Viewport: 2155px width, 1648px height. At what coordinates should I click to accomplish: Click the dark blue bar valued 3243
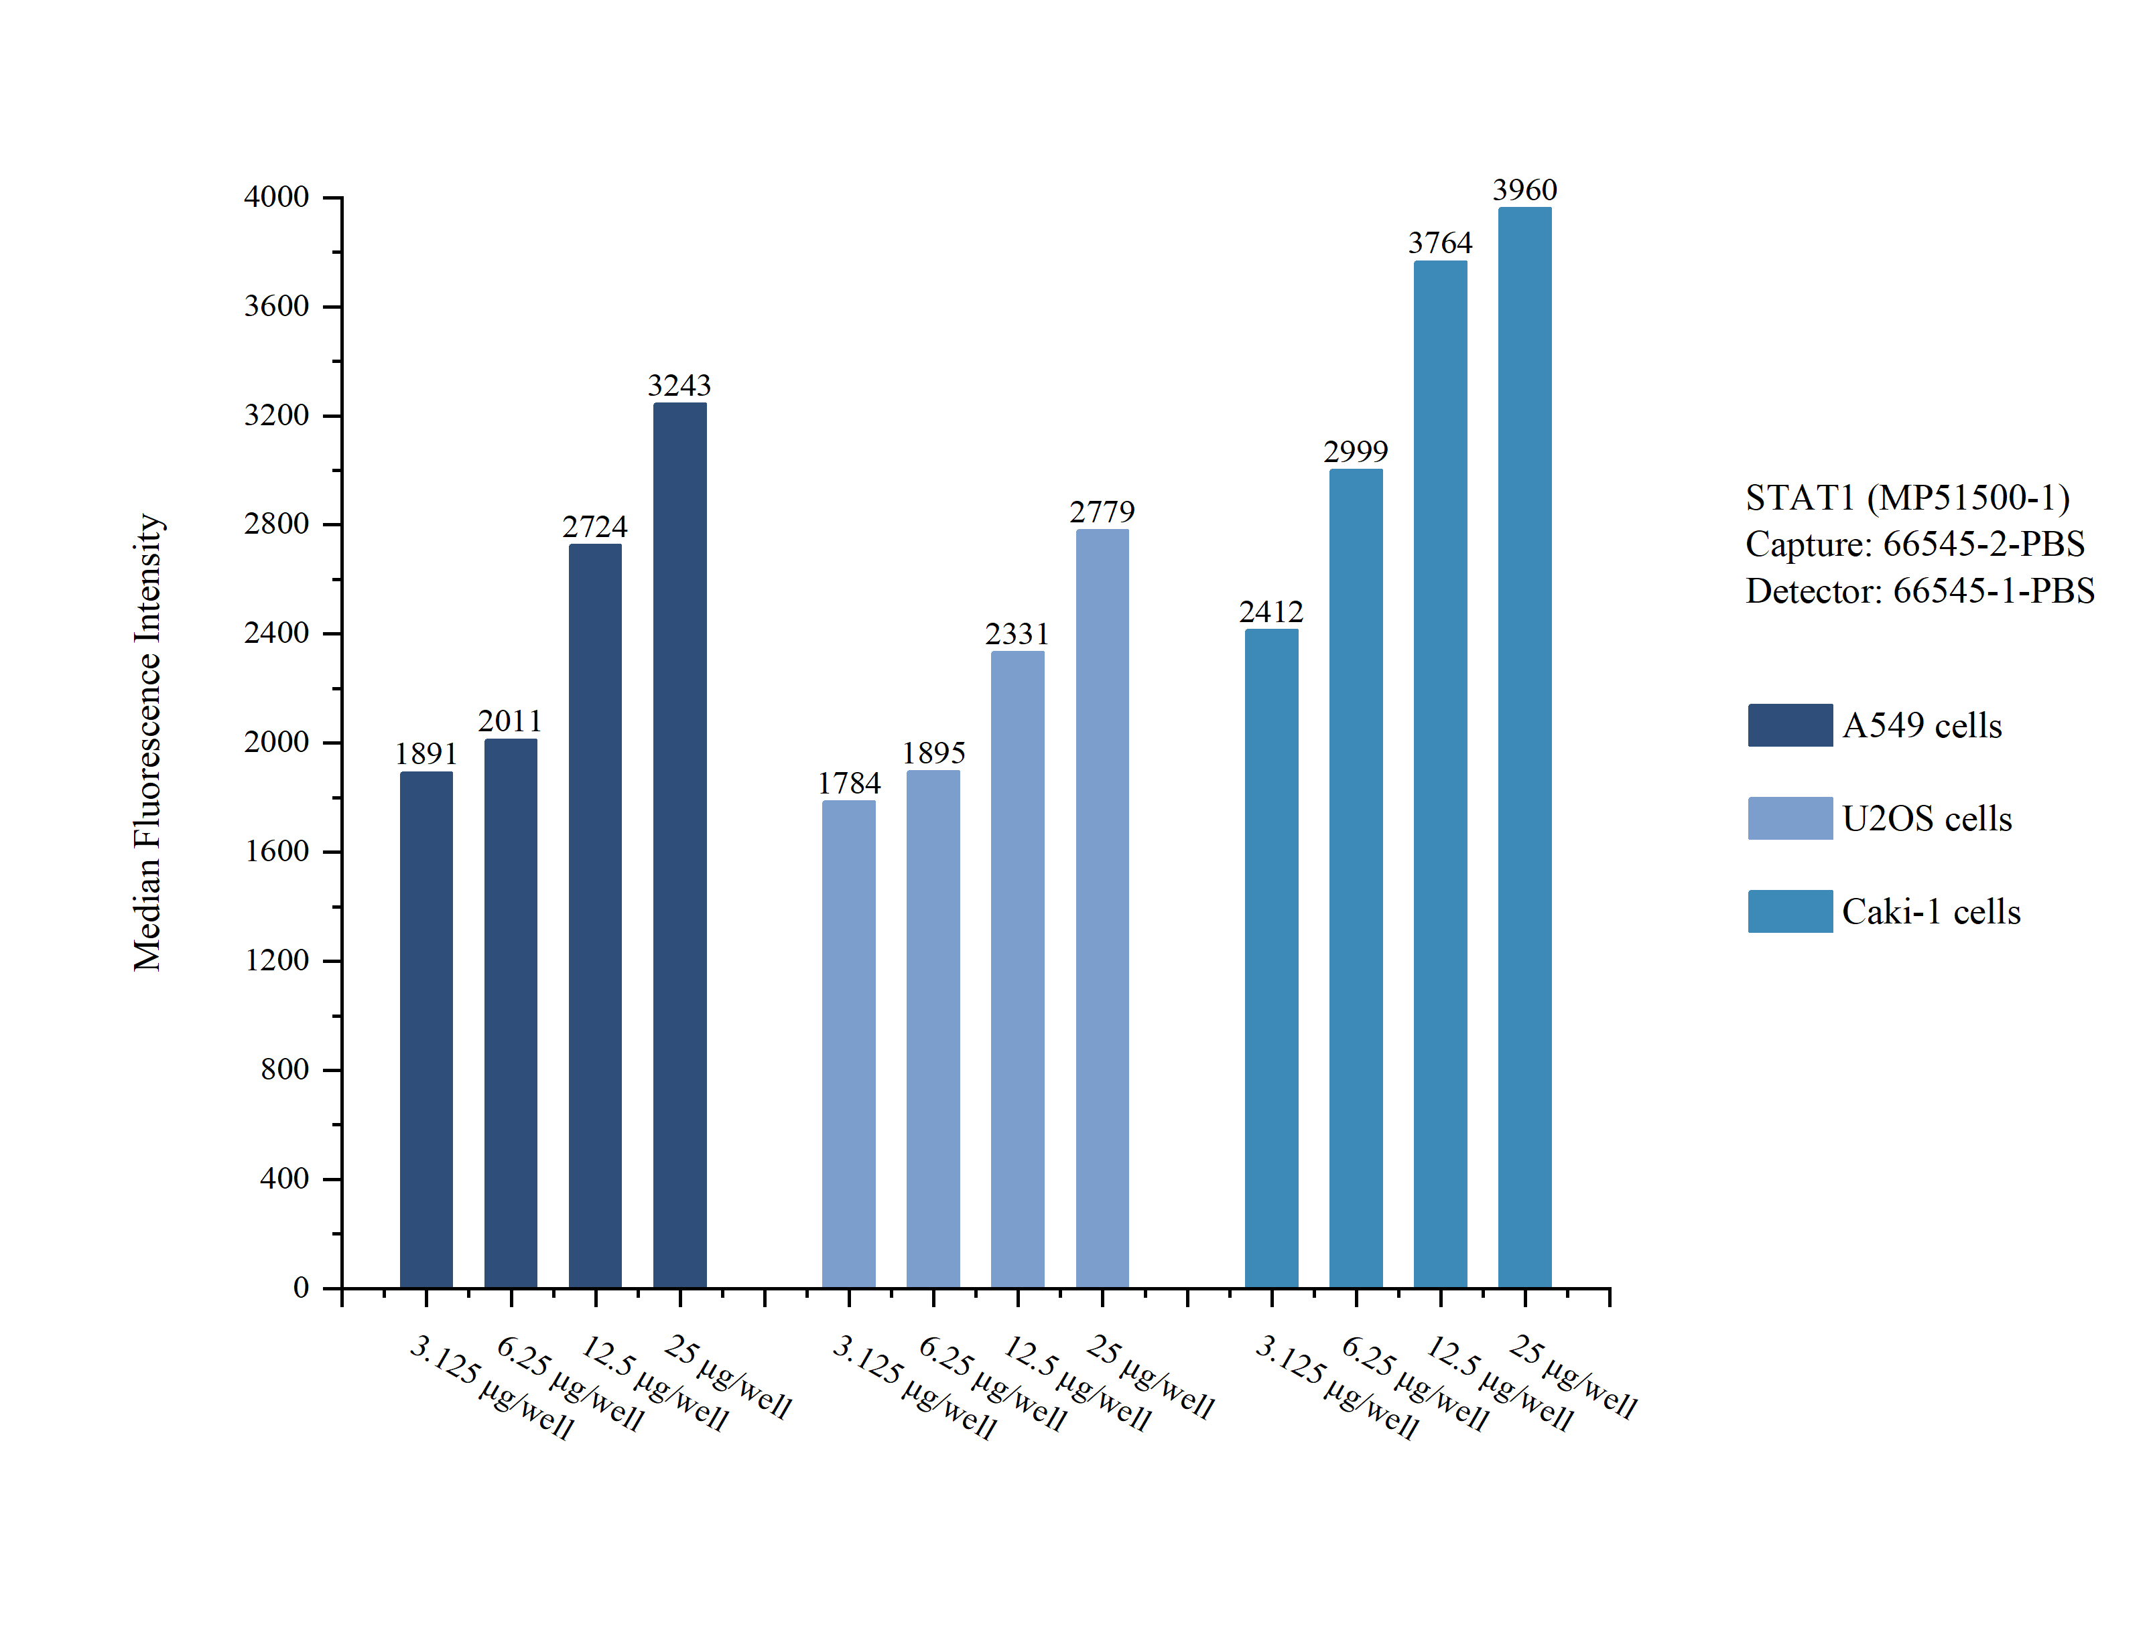coord(679,844)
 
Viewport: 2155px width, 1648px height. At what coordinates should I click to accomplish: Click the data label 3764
coord(1439,243)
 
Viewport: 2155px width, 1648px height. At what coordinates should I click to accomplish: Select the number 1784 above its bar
coord(849,783)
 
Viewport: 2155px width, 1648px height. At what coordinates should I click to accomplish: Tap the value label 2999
coord(1355,452)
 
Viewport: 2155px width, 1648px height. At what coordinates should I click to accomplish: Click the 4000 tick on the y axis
coord(277,197)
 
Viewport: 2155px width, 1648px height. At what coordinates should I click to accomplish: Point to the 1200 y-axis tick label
coord(277,960)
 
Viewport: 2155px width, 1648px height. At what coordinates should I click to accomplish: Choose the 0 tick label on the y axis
coord(300,1287)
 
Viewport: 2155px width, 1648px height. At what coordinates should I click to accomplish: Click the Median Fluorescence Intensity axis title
coord(147,743)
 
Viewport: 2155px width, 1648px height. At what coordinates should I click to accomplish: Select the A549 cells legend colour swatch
coord(1789,725)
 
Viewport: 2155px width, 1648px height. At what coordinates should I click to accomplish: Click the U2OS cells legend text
coord(1927,819)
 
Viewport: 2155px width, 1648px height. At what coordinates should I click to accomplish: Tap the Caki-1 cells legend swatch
coord(1789,911)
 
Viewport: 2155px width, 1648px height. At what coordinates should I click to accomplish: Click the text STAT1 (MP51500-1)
coord(1906,498)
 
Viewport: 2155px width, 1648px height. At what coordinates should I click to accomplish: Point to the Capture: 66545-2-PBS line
coord(1914,544)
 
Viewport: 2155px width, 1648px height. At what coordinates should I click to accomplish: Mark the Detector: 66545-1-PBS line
coord(1920,591)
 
